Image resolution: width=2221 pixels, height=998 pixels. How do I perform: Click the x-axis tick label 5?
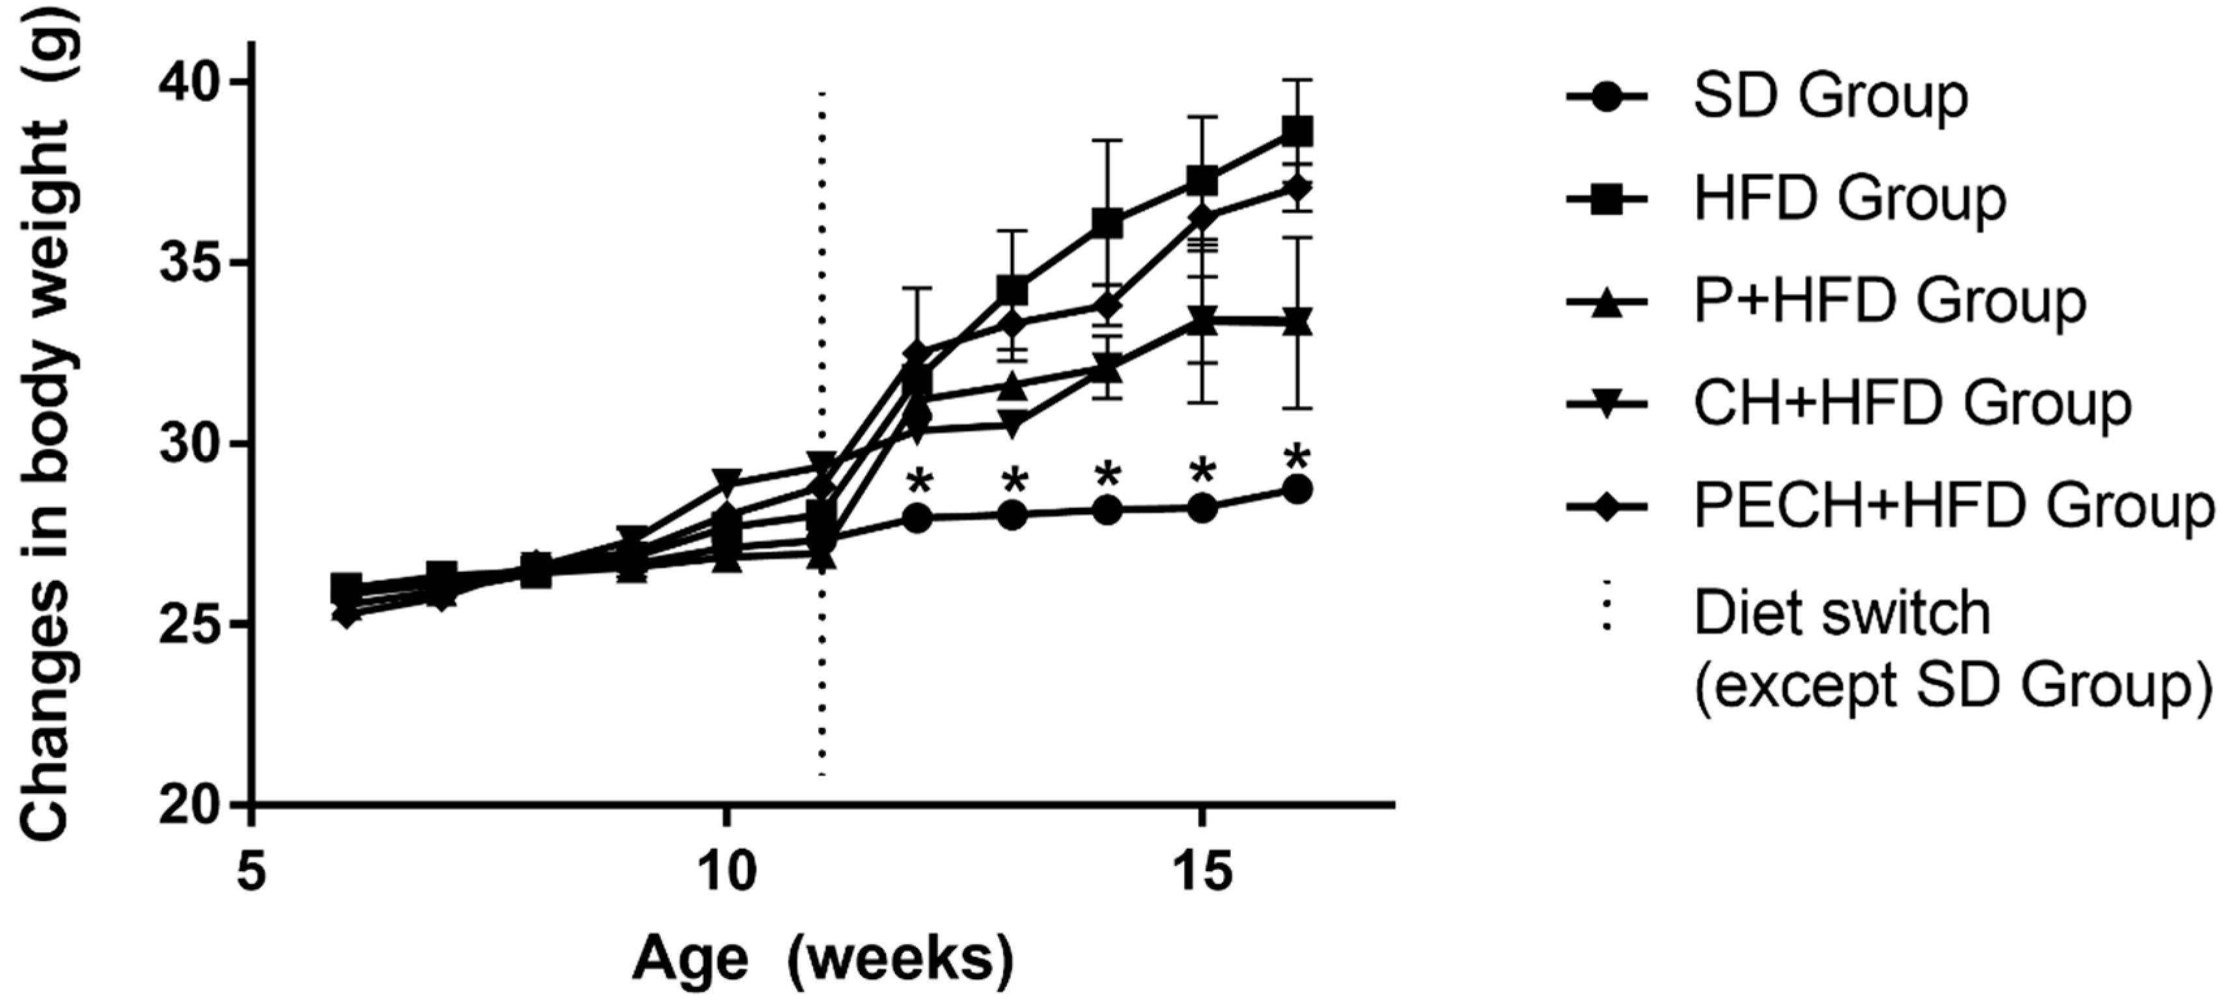click(x=250, y=873)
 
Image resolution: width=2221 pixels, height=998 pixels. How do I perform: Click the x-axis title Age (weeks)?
click(x=823, y=959)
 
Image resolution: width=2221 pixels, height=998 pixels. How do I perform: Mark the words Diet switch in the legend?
click(x=1842, y=614)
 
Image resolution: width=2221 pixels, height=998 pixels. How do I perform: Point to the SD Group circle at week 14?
click(x=1108, y=511)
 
